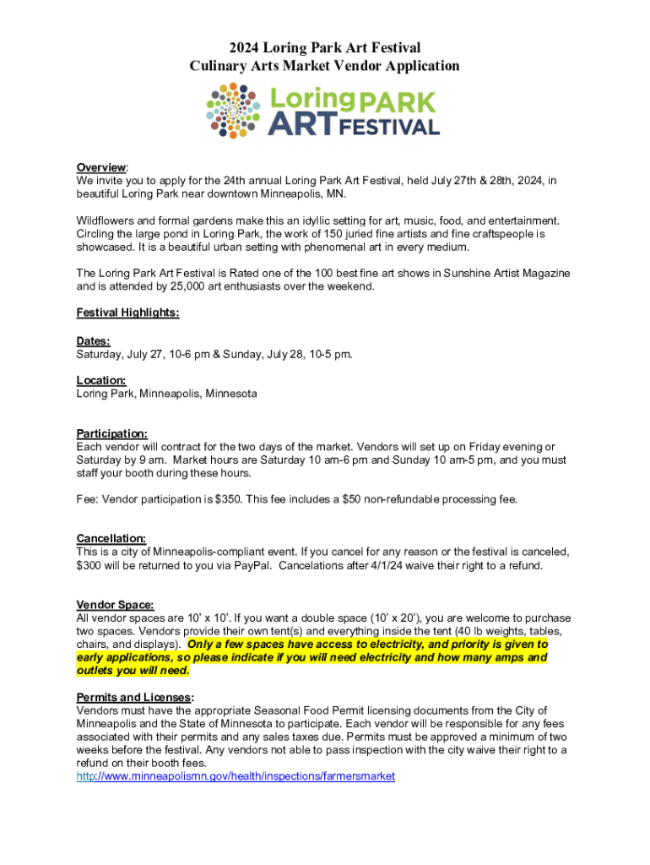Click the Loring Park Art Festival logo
point(324,111)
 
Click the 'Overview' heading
point(101,167)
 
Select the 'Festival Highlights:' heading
point(127,313)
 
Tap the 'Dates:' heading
point(93,340)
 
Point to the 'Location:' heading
point(101,380)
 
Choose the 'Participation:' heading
point(112,433)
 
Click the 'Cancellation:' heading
point(111,538)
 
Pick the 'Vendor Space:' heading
point(116,605)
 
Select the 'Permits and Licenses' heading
point(133,697)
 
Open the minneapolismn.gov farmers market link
point(236,776)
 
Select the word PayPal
point(250,565)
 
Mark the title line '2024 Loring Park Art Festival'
point(324,48)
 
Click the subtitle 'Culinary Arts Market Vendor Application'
point(324,66)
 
